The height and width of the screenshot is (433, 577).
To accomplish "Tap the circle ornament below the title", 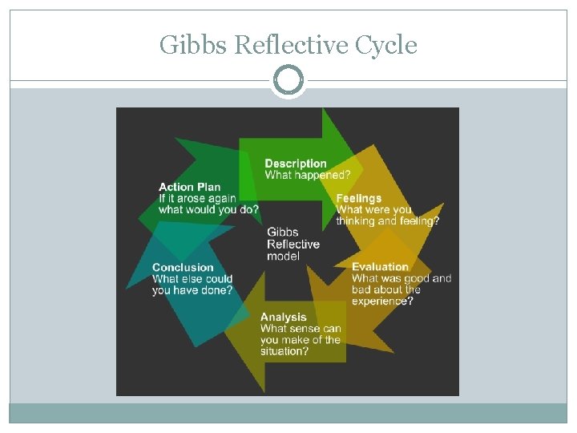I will [288, 81].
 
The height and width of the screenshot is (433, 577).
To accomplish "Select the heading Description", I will [296, 164].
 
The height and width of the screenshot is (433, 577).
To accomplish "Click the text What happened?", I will [307, 175].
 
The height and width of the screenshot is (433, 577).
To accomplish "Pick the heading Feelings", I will [358, 198].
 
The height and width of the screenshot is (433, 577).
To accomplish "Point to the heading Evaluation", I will [380, 267].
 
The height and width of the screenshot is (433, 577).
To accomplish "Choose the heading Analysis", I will [283, 317].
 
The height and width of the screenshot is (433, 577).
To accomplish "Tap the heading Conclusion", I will [183, 267].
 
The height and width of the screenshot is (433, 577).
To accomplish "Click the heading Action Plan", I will [189, 187].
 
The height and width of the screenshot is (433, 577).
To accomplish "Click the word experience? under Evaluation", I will [382, 301].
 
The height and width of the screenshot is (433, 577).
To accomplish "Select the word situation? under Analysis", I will [284, 351].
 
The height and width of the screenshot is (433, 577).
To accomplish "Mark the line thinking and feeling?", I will [387, 221].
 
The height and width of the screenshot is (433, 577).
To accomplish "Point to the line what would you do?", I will [208, 209].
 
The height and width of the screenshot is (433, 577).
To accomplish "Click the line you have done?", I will [192, 290].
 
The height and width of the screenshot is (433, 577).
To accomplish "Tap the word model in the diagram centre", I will [283, 256].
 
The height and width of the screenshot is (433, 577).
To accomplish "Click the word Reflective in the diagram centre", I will [293, 244].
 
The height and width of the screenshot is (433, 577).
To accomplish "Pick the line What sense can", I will [300, 328].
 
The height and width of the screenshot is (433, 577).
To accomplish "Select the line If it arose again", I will [197, 198].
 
